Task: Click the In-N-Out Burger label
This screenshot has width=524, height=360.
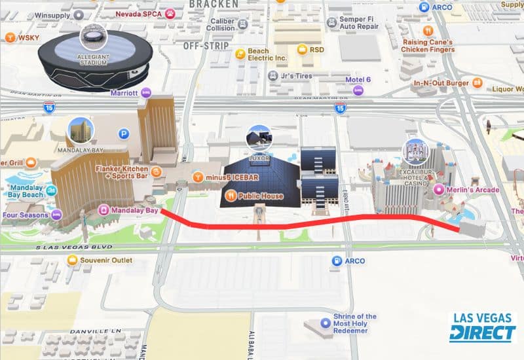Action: tap(443, 84)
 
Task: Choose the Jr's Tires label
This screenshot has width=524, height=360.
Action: tap(295, 75)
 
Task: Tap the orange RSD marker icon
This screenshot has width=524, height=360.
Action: tap(302, 50)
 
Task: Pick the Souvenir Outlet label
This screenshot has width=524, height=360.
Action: tap(105, 261)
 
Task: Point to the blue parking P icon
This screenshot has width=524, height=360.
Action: tap(123, 134)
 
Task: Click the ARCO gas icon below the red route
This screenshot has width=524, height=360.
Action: tap(337, 261)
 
